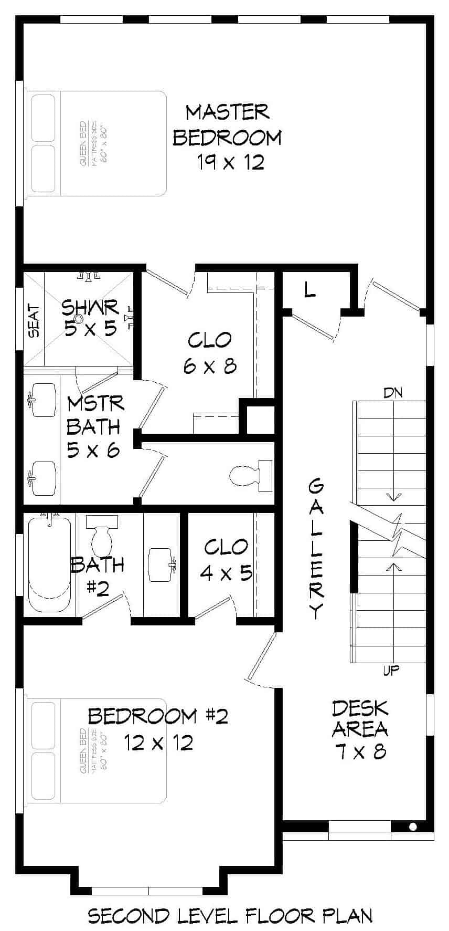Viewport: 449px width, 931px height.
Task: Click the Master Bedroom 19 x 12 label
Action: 228,137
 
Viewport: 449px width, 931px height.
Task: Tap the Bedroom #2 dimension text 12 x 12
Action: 158,742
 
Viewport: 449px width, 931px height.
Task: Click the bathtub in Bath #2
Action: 48,564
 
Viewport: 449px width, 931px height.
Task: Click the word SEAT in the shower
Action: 34,321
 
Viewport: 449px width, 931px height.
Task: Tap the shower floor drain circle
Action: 79,318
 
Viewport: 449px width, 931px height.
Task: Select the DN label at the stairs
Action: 393,392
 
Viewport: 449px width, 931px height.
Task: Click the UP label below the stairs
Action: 391,671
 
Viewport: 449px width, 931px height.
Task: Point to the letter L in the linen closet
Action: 311,289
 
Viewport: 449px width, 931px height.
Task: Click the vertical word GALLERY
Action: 316,549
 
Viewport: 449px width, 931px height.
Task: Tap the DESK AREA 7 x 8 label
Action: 360,729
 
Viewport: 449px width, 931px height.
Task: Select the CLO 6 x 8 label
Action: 210,352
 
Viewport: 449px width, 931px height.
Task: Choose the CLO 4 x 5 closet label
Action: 227,559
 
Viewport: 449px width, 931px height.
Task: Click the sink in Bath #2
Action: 162,565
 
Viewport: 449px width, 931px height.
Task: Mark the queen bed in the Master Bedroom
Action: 98,144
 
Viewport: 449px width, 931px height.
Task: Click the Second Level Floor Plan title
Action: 230,916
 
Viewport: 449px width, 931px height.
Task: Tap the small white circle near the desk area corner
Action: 413,827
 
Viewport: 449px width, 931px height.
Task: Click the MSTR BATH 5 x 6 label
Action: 95,426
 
